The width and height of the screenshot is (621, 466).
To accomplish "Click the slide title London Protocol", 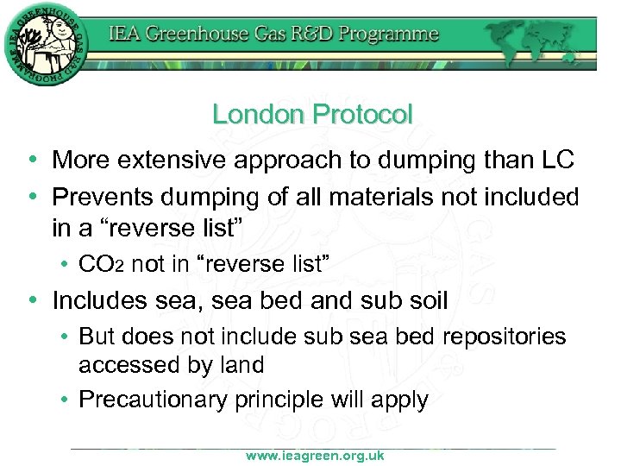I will [312, 114].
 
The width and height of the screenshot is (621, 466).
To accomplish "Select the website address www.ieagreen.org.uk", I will [314, 455].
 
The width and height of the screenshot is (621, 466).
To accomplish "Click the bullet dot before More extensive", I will [32, 161].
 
